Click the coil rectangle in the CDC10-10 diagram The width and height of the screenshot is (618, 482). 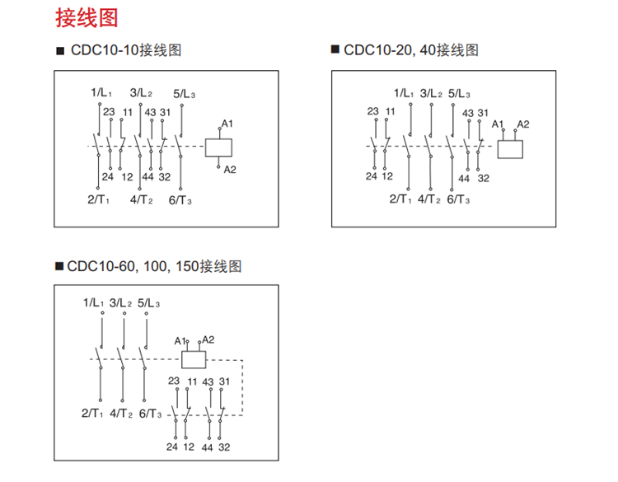tap(218, 147)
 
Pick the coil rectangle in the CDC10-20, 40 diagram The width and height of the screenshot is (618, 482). tap(511, 149)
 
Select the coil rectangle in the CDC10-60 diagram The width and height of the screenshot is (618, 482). tap(194, 359)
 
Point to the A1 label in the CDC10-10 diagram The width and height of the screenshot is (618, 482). tap(227, 124)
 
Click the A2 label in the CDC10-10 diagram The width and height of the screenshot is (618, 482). tap(230, 170)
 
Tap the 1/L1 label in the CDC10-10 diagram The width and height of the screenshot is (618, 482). tap(102, 93)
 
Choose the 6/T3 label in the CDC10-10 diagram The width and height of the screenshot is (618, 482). tap(182, 199)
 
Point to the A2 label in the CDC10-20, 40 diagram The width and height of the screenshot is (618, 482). tap(522, 124)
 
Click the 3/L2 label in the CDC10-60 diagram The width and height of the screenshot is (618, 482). tap(121, 302)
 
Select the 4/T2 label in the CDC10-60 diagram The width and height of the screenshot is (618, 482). tap(122, 414)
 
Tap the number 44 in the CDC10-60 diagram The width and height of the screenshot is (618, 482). tap(208, 447)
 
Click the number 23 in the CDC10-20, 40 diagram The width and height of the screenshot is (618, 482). tap(373, 111)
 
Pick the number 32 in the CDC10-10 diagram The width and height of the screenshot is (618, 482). tap(165, 176)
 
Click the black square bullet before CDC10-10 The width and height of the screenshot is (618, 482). tap(59, 51)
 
